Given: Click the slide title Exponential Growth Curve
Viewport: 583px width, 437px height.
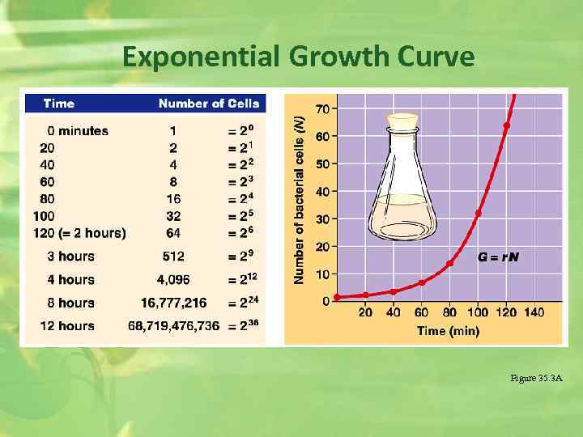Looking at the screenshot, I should point(298,57).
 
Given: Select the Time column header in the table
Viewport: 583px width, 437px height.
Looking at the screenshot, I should point(59,104).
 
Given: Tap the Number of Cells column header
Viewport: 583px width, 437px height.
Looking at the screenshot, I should point(209,104).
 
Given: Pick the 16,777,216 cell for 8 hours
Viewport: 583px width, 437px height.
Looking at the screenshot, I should point(173,303).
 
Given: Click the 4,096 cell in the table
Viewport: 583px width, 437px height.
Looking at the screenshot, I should point(173,280).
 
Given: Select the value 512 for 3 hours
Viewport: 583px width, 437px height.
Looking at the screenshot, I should point(173,257).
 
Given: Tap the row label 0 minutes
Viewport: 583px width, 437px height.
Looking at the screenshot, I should point(78,131).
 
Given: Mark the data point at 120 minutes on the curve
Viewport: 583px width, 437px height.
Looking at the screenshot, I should point(507,125).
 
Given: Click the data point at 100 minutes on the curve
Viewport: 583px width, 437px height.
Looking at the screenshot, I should point(479,214).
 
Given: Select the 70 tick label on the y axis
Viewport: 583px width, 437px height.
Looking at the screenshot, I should point(321,108).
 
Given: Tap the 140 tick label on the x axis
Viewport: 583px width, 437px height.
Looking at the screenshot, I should point(534,312).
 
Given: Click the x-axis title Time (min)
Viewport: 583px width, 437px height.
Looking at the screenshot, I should point(448,331).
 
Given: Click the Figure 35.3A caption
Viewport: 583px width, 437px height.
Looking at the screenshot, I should point(536,379).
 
